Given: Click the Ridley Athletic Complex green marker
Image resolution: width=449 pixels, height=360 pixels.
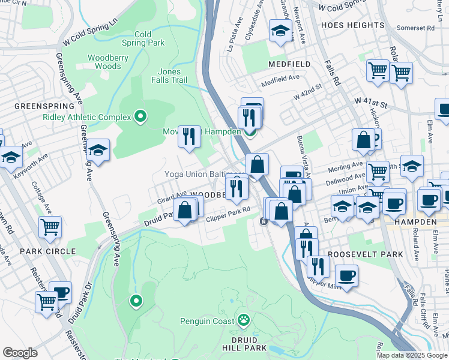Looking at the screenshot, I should [140, 116].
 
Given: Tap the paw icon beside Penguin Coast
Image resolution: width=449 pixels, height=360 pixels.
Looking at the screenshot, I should [244, 320].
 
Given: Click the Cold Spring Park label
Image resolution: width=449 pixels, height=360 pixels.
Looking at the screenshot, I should [143, 38].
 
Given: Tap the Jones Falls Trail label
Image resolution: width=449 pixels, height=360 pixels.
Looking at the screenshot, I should [173, 76].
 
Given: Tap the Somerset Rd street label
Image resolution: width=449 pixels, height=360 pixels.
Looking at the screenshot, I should [423, 28].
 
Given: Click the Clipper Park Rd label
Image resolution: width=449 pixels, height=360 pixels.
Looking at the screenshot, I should [228, 218].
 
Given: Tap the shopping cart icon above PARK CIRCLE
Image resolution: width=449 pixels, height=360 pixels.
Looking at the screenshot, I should [50, 227].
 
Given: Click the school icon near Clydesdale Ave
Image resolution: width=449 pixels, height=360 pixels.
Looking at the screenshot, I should [280, 31].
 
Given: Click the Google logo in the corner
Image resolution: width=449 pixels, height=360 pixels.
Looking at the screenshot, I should [20, 353].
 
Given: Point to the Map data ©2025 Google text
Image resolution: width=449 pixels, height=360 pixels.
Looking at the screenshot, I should [412, 355].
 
